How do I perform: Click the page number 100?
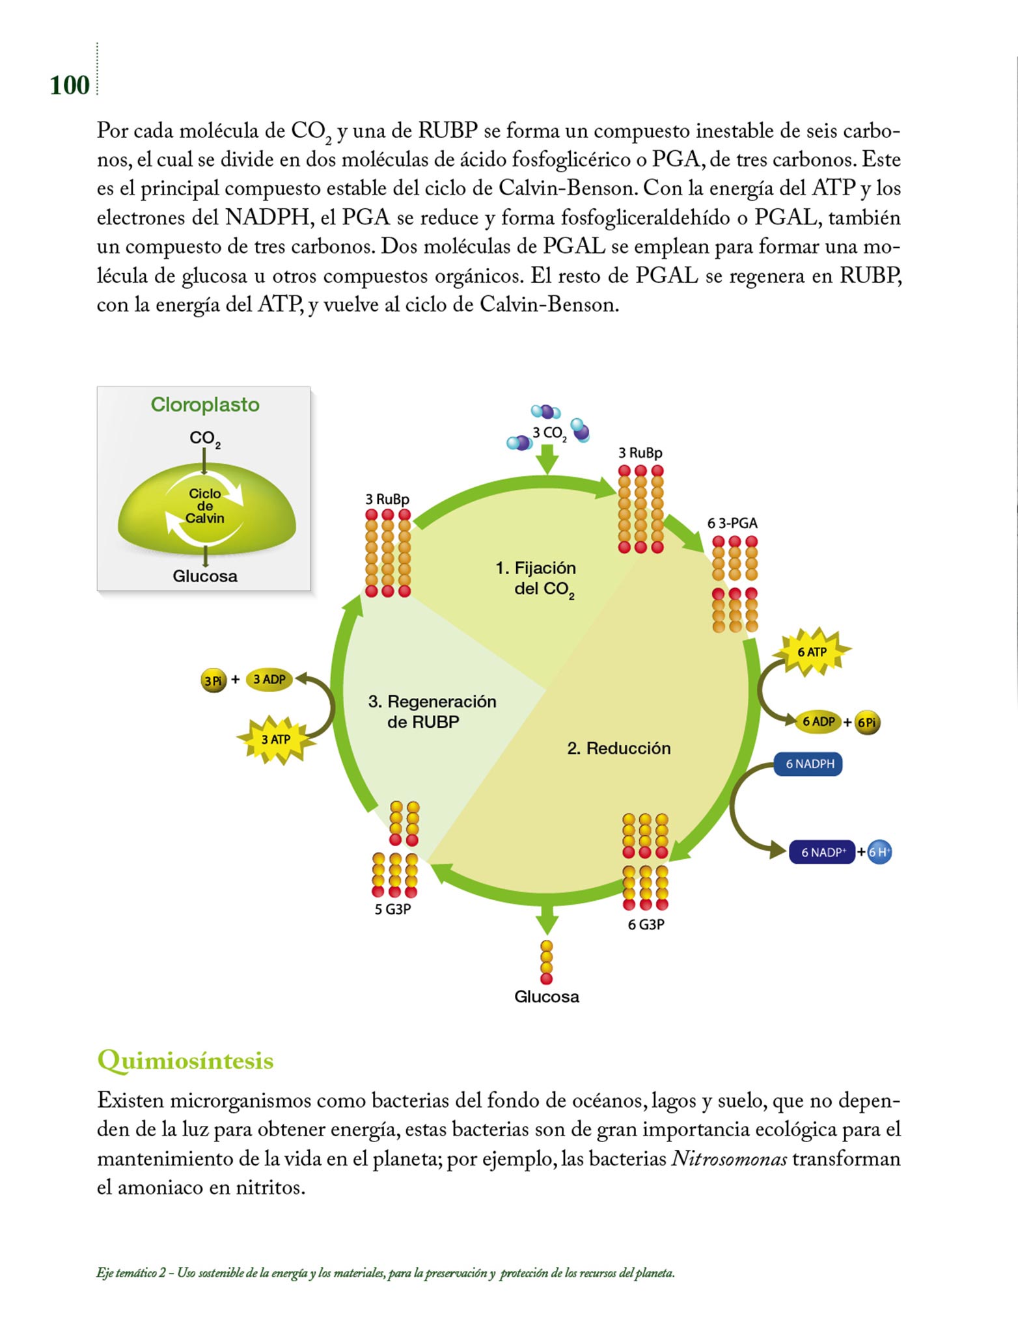point(70,85)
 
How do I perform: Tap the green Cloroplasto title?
point(205,405)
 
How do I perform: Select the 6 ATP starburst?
point(812,652)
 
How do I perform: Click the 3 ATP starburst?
point(276,739)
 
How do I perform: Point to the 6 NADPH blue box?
point(809,764)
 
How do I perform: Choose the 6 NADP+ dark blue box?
point(822,852)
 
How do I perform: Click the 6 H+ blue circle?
point(879,852)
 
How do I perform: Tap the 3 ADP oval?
point(269,679)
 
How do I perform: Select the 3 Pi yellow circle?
point(213,681)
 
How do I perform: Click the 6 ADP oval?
point(818,721)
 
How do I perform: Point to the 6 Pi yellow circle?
point(867,723)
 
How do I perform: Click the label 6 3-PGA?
point(732,523)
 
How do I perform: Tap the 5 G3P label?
point(392,909)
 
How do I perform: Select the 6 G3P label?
point(646,924)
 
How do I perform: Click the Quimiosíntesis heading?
point(186,1060)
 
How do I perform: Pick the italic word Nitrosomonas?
point(728,1158)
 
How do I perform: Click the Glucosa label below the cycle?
point(546,996)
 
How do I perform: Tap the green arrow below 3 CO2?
point(548,459)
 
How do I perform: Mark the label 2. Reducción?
point(618,748)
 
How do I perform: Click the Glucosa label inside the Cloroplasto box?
point(205,576)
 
